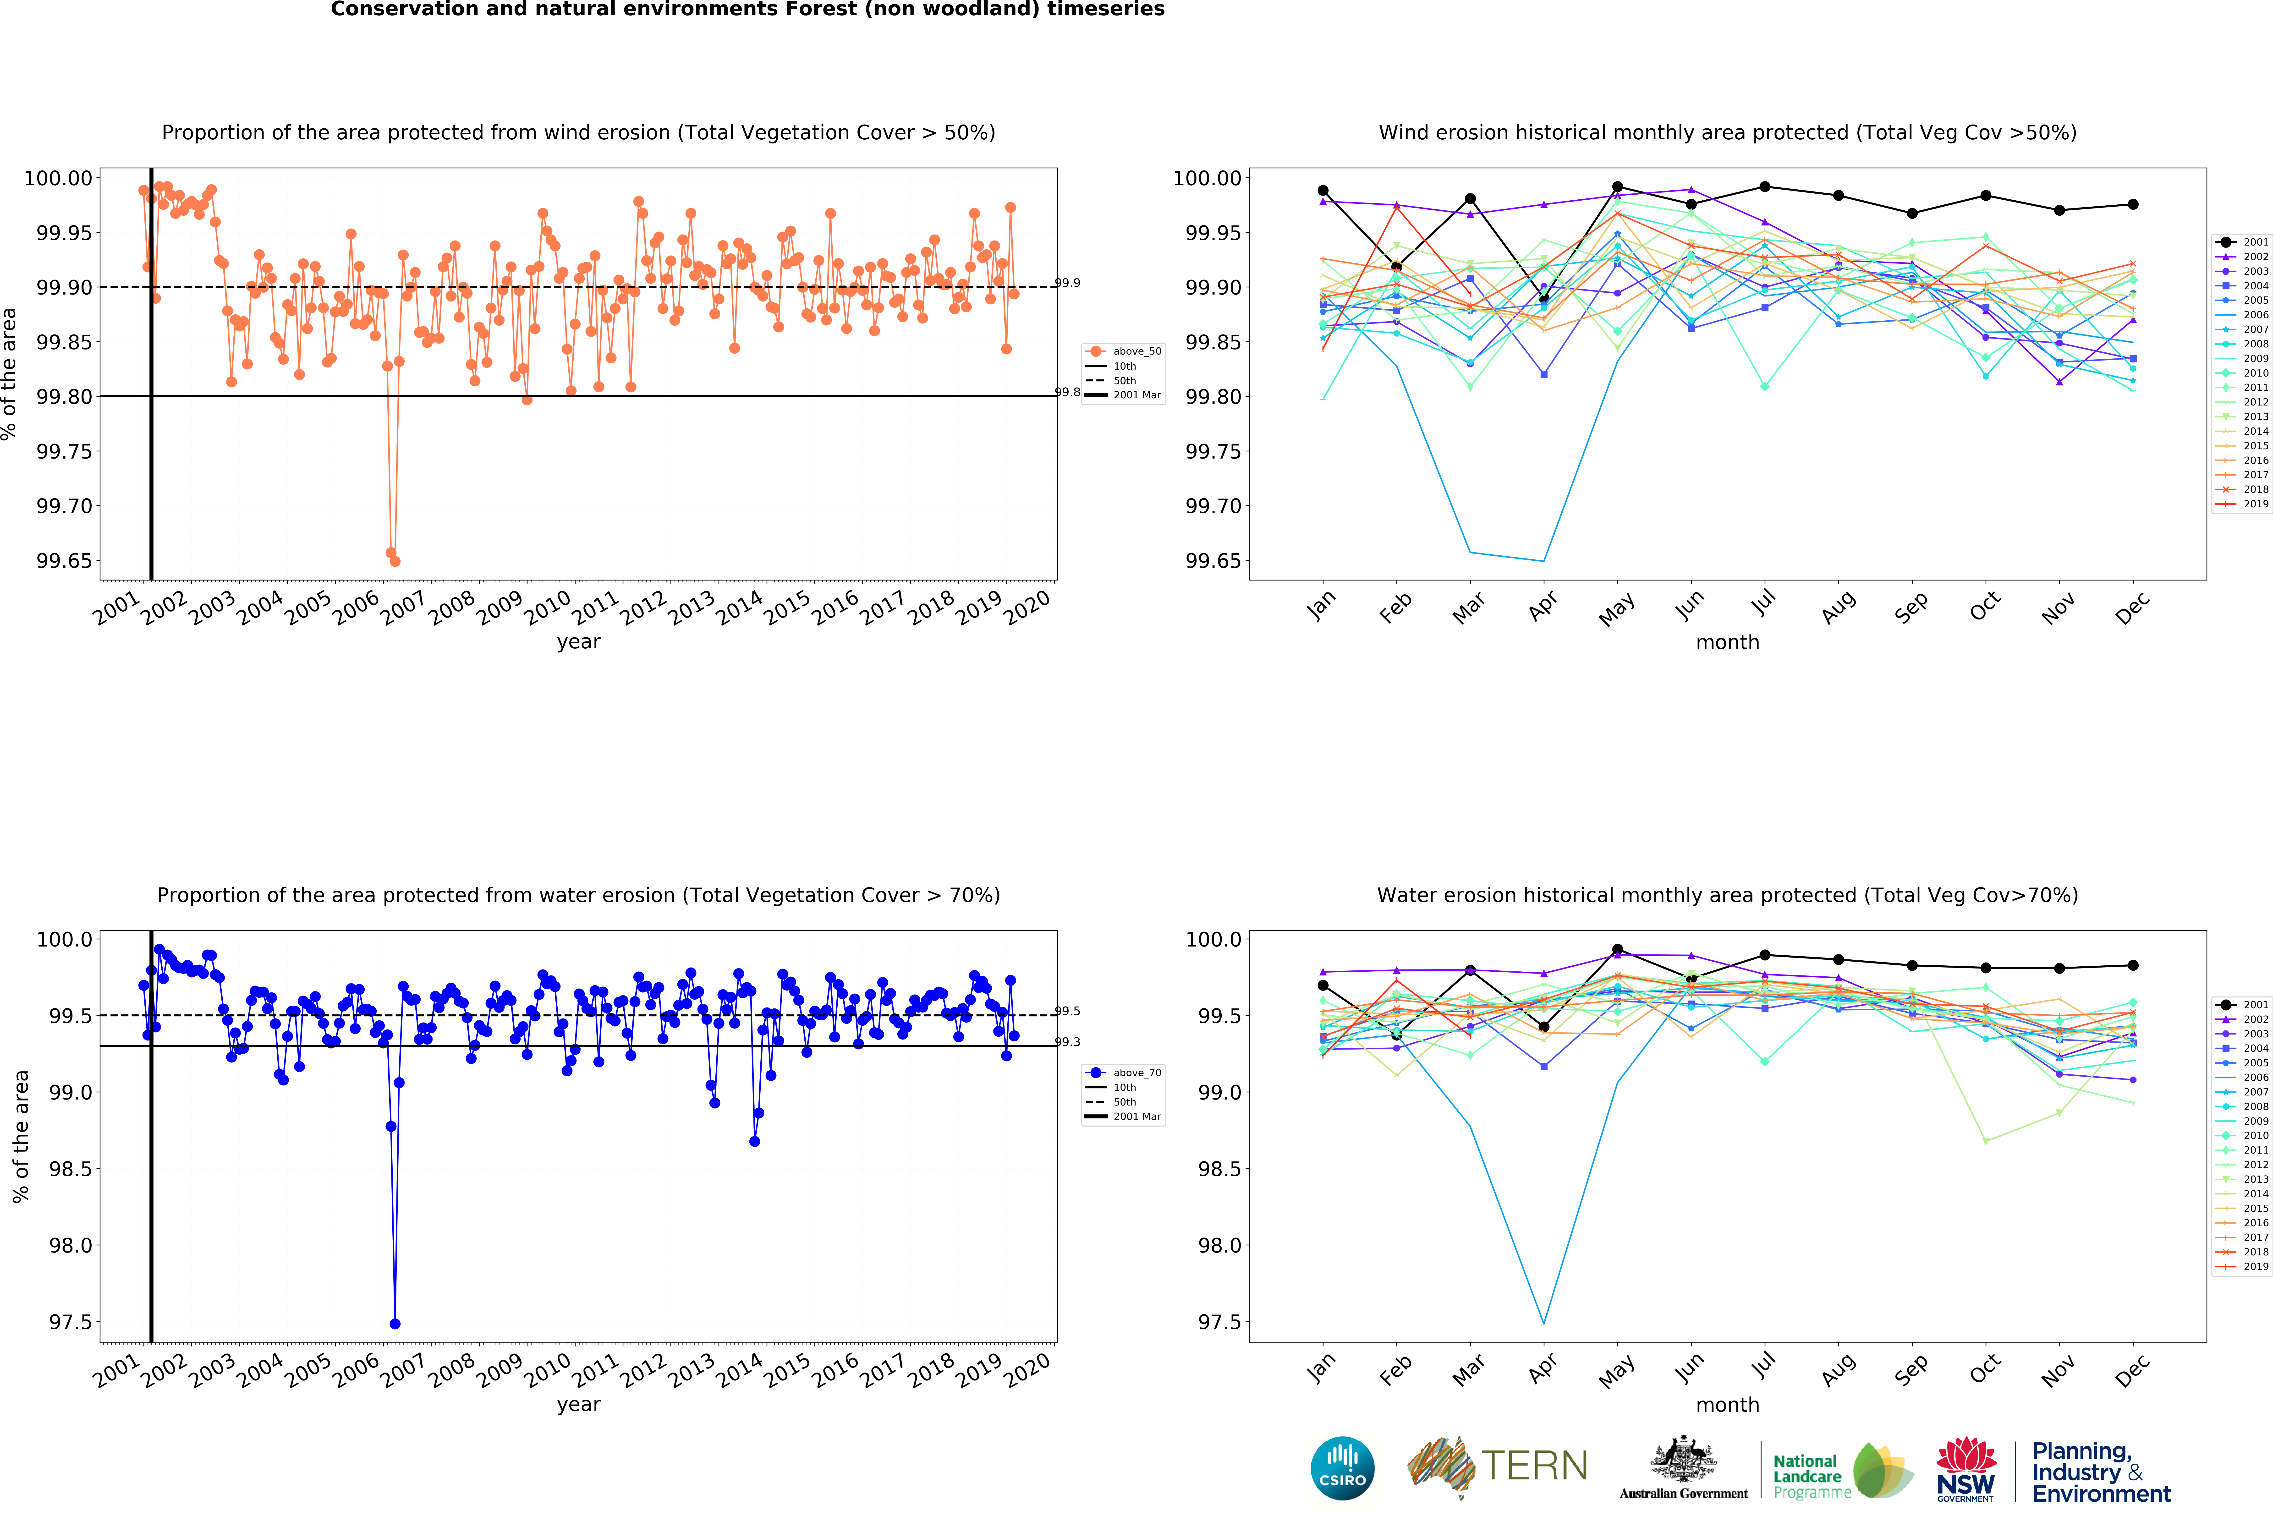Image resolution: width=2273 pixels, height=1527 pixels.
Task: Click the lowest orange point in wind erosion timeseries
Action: (x=394, y=561)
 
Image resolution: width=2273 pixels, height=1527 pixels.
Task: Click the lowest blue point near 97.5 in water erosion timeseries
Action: (x=394, y=1324)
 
